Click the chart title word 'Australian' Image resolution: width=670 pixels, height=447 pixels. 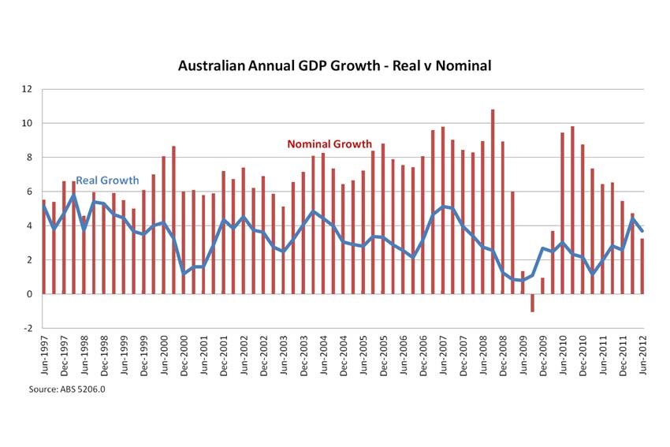tap(213, 66)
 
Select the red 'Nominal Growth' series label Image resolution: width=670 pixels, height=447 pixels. tap(329, 144)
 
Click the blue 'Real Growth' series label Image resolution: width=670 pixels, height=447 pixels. tap(107, 181)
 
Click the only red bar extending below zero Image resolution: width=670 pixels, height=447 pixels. tap(532, 303)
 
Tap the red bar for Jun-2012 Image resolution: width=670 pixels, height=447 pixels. tap(642, 266)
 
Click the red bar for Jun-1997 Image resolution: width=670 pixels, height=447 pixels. tap(44, 247)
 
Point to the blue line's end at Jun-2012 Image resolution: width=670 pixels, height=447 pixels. tap(642, 231)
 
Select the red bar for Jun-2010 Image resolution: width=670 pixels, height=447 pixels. tap(562, 213)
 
